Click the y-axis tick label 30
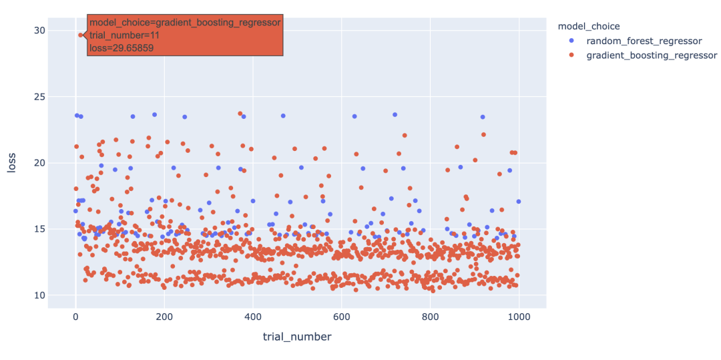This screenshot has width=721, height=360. [x=39, y=30]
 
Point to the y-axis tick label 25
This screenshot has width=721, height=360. [x=39, y=97]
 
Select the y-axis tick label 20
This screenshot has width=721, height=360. [x=39, y=163]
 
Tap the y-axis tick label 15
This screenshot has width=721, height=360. [x=39, y=229]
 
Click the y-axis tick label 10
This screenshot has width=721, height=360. [x=39, y=295]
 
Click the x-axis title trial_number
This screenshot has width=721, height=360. [x=297, y=337]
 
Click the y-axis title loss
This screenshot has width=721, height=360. [x=13, y=162]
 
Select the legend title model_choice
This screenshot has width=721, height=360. [x=588, y=27]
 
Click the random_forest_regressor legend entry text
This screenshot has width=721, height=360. [x=644, y=41]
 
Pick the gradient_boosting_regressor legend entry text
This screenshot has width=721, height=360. [x=651, y=55]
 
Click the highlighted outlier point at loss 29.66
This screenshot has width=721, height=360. [x=81, y=35]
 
